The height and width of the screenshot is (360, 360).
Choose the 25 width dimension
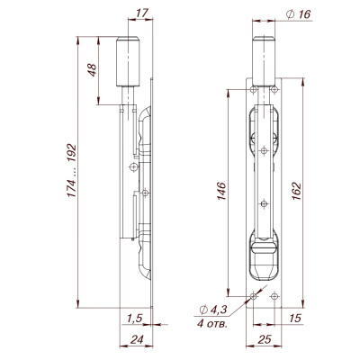point(263,340)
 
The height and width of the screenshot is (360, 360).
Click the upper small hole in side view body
point(132,167)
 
